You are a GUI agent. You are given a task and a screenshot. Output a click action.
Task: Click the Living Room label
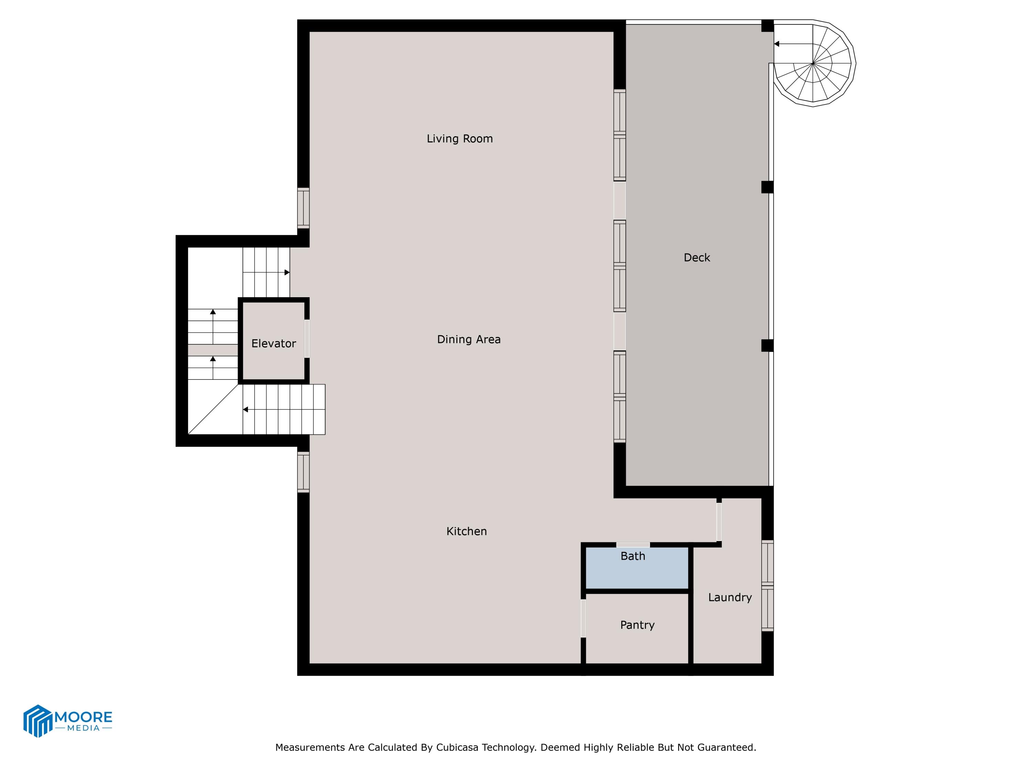tap(460, 139)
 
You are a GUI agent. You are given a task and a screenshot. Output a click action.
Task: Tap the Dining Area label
tap(469, 339)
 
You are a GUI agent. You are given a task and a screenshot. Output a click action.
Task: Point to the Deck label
tap(697, 258)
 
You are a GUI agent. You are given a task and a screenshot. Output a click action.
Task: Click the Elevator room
tap(273, 341)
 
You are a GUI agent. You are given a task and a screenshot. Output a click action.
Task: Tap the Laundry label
tap(730, 597)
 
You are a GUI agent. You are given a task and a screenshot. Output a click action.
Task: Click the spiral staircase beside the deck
tap(814, 63)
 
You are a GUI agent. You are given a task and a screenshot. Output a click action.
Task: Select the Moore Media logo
tap(68, 721)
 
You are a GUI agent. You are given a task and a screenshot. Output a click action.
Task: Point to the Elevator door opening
tap(307, 339)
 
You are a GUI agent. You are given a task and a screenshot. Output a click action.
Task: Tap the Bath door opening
tap(633, 545)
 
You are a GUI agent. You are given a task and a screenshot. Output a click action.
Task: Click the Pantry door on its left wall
tap(583, 618)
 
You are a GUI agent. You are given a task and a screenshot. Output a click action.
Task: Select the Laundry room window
tap(767, 585)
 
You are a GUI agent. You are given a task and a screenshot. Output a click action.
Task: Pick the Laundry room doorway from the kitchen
tap(719, 522)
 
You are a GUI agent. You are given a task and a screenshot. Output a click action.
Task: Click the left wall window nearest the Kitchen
tap(303, 472)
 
